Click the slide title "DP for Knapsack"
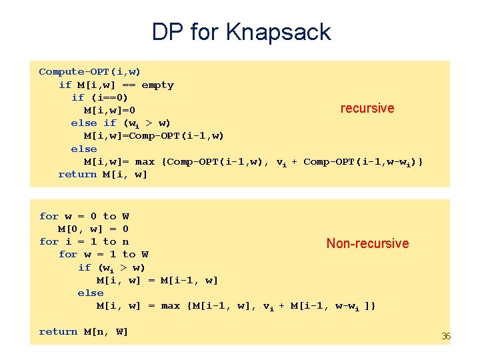[241, 32]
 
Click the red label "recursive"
[367, 108]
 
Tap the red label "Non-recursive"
[367, 243]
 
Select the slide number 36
[446, 336]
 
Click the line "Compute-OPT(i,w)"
[89, 71]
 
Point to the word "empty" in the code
[157, 85]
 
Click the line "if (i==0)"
[100, 97]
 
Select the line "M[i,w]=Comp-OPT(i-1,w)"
[154, 135]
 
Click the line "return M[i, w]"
[103, 174]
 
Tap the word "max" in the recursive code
[145, 161]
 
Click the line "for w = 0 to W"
[84, 216]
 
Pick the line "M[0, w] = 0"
[93, 229]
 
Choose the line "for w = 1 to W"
[103, 254]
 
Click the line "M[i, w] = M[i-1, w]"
[157, 280]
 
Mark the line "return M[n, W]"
[84, 331]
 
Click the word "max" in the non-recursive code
[171, 305]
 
